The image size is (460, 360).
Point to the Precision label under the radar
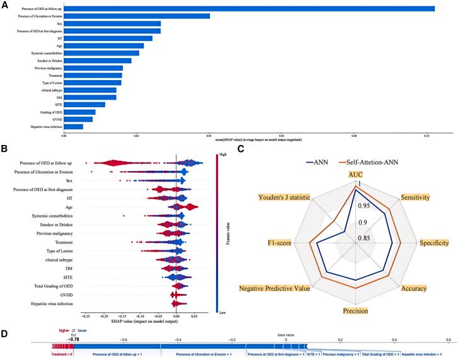[356, 311]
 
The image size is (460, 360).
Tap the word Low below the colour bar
[221, 311]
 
